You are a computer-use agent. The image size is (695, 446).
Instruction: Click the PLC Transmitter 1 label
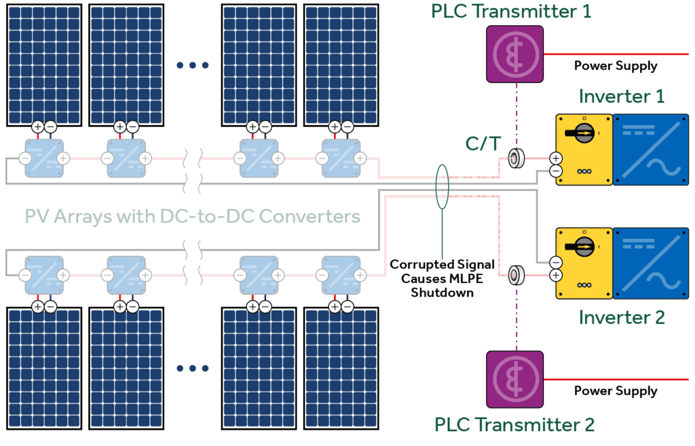click(x=511, y=11)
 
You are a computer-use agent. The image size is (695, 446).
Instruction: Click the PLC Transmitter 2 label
click(x=514, y=425)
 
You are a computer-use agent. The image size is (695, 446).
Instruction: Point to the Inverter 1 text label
click(x=621, y=96)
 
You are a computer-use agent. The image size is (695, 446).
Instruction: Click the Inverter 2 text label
click(x=621, y=317)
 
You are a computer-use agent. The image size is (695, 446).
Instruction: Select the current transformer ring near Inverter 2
click(x=516, y=275)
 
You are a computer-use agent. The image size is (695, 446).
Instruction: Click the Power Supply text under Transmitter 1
click(x=616, y=66)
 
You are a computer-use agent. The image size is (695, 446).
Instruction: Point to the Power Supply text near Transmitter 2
click(x=616, y=391)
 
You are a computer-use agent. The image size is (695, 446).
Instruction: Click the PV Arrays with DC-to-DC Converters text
click(x=192, y=217)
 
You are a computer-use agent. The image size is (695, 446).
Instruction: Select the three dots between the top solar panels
click(x=193, y=65)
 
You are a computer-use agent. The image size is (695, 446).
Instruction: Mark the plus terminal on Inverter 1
click(x=556, y=159)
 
